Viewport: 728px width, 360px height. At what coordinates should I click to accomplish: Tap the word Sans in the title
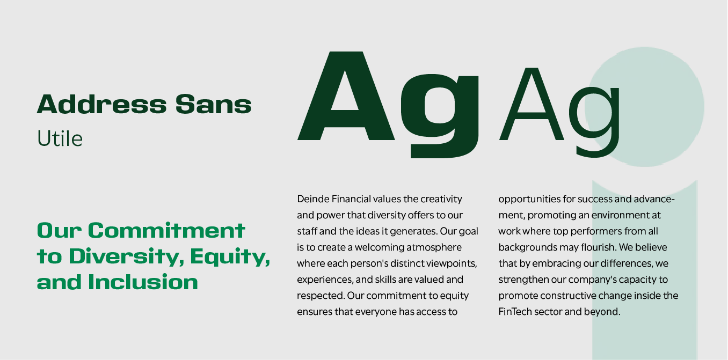[x=213, y=104]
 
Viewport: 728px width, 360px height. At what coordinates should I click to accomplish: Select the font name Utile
[x=60, y=139]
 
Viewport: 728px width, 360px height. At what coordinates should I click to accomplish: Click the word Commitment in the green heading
[x=166, y=231]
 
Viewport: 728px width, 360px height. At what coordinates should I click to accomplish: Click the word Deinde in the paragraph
[x=313, y=199]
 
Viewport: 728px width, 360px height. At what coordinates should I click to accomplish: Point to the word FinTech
[x=515, y=312]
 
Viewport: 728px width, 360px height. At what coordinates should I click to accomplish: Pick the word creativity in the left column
[x=441, y=199]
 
